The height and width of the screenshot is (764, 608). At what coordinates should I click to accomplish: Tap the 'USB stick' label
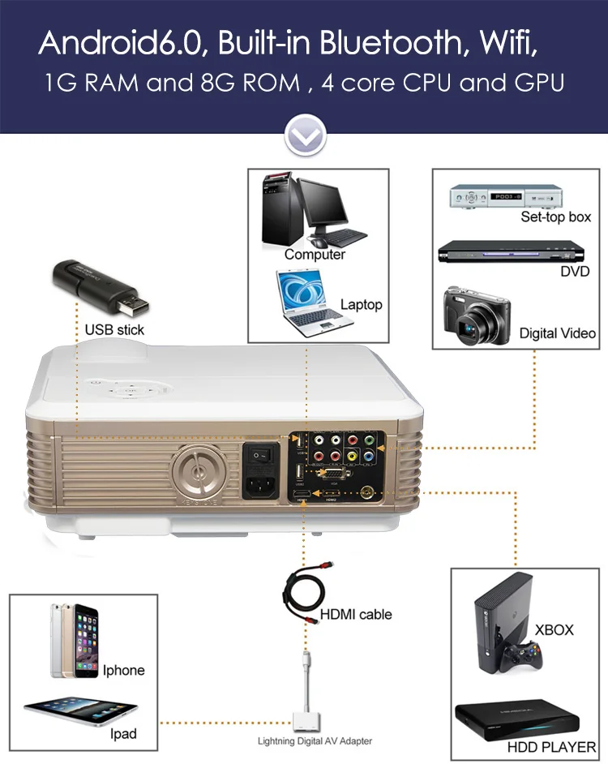114,330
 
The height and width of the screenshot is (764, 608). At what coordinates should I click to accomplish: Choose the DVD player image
495,252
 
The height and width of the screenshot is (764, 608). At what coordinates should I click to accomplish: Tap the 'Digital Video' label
557,333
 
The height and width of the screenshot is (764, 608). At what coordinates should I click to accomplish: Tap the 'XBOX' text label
554,630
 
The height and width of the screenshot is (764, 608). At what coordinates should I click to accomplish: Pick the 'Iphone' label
123,671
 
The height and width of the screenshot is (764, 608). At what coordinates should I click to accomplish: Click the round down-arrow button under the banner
304,135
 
